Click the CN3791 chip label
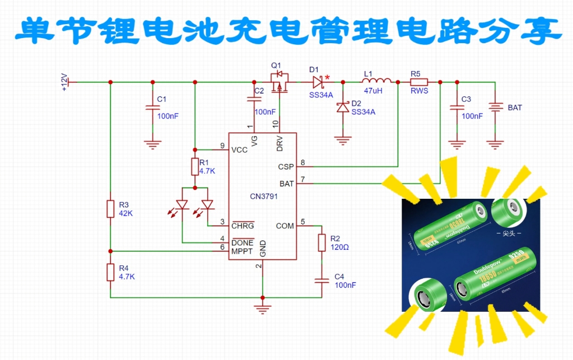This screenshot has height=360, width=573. pos(263,197)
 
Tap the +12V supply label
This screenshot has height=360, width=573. pos(64,82)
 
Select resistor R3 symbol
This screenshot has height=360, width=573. pos(110,208)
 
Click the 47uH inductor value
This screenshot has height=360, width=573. pos(372,91)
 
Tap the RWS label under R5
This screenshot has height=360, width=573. pos(419,91)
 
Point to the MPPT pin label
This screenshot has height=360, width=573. pos(243,252)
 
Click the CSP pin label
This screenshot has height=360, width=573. pos(286,167)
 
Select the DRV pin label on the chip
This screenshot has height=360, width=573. pos(279,144)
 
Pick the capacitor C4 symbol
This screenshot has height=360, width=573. pos(322,280)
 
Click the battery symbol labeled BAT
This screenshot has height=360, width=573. pos(494,106)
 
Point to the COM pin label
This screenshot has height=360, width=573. pos(285,226)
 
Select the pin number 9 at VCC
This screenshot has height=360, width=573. pos(222,145)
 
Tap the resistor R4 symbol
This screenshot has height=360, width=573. pos(110,272)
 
